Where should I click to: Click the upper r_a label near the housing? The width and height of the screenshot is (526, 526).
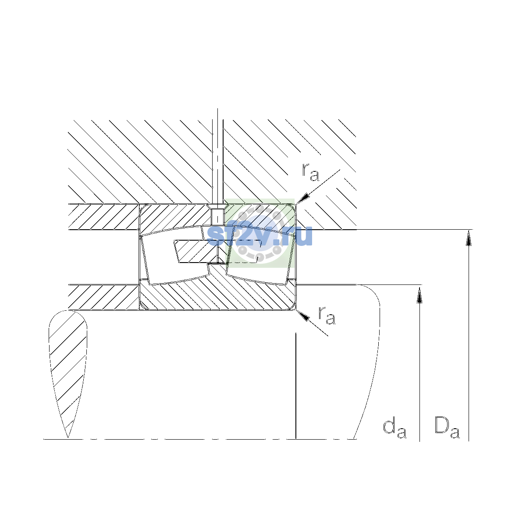click(310, 172)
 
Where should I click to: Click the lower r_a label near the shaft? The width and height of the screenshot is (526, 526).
click(327, 316)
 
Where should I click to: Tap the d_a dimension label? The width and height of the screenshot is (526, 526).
click(394, 429)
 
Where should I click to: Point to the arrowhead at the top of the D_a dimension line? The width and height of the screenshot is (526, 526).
click(469, 238)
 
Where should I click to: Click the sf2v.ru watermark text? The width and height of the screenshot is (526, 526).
click(259, 236)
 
